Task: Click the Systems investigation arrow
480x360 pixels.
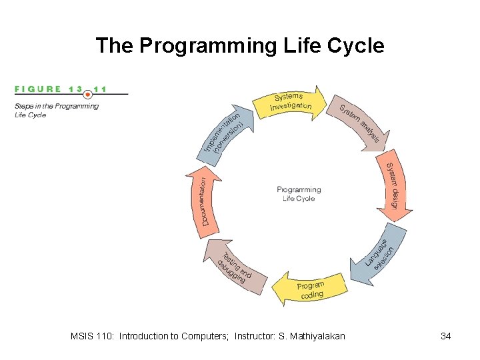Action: point(290,102)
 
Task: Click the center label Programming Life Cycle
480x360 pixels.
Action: point(299,194)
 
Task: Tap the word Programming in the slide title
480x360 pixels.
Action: point(201,46)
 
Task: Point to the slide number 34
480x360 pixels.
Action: point(446,336)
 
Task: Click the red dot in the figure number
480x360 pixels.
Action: point(87,95)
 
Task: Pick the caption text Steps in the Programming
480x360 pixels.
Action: point(57,106)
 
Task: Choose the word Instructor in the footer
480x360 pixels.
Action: point(255,336)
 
